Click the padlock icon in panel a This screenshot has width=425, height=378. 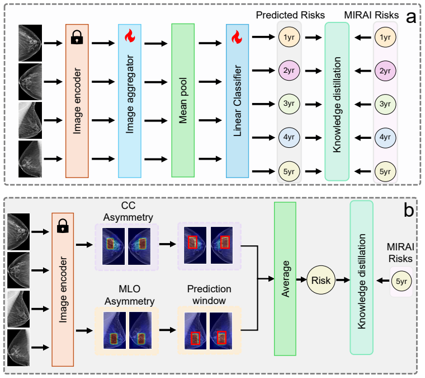click(x=77, y=37)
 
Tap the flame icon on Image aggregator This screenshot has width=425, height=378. click(x=130, y=36)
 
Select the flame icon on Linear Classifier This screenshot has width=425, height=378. click(x=237, y=37)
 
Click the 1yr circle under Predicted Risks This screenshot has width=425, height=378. click(x=289, y=37)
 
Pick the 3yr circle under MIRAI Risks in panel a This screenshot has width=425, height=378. click(x=385, y=104)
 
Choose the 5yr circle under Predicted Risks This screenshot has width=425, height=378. click(x=289, y=171)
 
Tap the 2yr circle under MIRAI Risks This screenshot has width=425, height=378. click(x=385, y=71)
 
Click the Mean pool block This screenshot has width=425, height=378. click(x=183, y=100)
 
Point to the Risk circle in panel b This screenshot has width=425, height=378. click(x=321, y=281)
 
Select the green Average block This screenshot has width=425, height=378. click(x=285, y=279)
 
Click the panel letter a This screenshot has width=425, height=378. click(x=411, y=17)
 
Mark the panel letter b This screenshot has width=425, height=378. click(x=409, y=210)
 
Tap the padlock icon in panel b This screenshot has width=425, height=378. click(x=63, y=226)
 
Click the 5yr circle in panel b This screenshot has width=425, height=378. click(x=402, y=281)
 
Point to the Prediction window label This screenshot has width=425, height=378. click(x=209, y=295)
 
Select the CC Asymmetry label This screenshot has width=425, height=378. click(x=128, y=211)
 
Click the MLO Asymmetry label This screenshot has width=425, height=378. click(x=130, y=295)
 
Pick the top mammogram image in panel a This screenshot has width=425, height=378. click(x=30, y=43)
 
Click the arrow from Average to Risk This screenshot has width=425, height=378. click(x=301, y=279)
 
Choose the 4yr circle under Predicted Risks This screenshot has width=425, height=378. click(x=289, y=137)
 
